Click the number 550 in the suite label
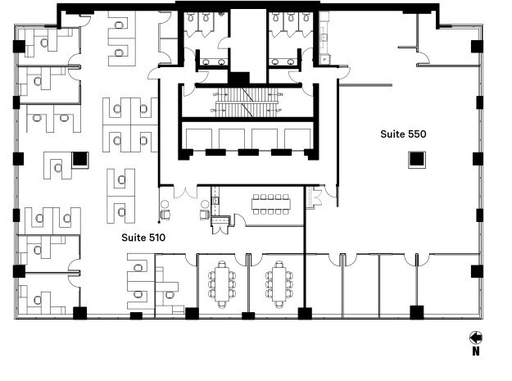[416, 134]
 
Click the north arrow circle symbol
[475, 337]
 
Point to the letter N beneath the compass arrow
[475, 352]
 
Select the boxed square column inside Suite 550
[416, 161]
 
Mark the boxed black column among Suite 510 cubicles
[79, 159]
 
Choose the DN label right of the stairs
[279, 95]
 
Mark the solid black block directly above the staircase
[238, 78]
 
